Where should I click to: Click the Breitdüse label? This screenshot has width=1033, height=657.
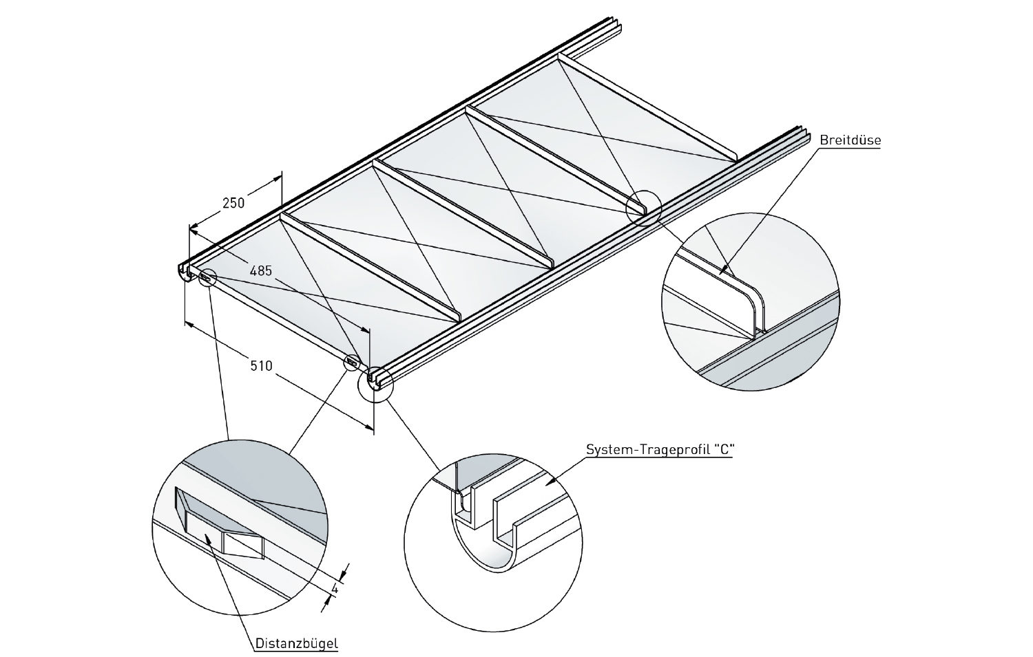(x=850, y=140)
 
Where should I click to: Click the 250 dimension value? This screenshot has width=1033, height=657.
(x=233, y=204)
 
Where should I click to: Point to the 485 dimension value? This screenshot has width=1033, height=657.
(x=260, y=270)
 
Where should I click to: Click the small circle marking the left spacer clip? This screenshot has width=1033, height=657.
(x=207, y=277)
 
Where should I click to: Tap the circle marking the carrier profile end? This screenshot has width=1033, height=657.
(x=375, y=384)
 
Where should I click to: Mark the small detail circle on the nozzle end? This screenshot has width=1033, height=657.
(x=643, y=207)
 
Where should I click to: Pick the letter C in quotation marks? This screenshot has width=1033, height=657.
(x=722, y=450)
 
